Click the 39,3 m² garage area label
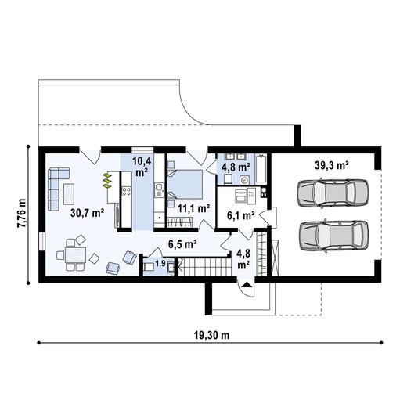[x=332, y=165]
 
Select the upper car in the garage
[x=332, y=193]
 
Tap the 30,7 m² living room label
[x=87, y=212]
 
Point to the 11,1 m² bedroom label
[x=193, y=208]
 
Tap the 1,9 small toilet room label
[x=160, y=264]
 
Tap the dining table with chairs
[x=75, y=255]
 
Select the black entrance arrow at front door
[x=247, y=286]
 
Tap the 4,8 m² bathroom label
[x=235, y=167]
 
